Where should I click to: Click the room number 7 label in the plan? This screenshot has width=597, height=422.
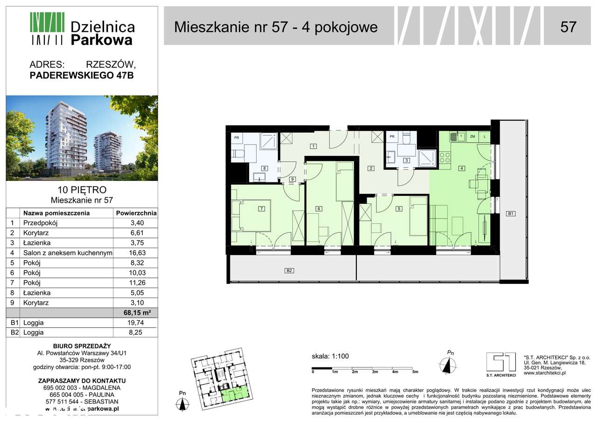pos(262,208)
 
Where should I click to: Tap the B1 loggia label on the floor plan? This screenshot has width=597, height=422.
pos(511,214)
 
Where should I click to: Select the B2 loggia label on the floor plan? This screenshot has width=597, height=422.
pos(289,270)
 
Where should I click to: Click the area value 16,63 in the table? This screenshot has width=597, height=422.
pos(135,253)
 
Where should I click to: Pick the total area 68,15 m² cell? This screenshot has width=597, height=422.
pos(135,312)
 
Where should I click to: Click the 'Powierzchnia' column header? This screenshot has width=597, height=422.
pos(135,213)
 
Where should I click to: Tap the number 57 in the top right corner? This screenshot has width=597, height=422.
pos(568,27)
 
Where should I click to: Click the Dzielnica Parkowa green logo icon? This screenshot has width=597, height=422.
pos(47,28)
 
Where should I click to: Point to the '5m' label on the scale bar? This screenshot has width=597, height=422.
pos(415,372)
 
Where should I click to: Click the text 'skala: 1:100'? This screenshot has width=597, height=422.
pos(330,357)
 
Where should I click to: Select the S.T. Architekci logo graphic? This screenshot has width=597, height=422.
pos(500,362)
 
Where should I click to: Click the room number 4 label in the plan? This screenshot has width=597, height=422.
pos(461,168)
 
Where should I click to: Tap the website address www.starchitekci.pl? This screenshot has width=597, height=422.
pos(544,373)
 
